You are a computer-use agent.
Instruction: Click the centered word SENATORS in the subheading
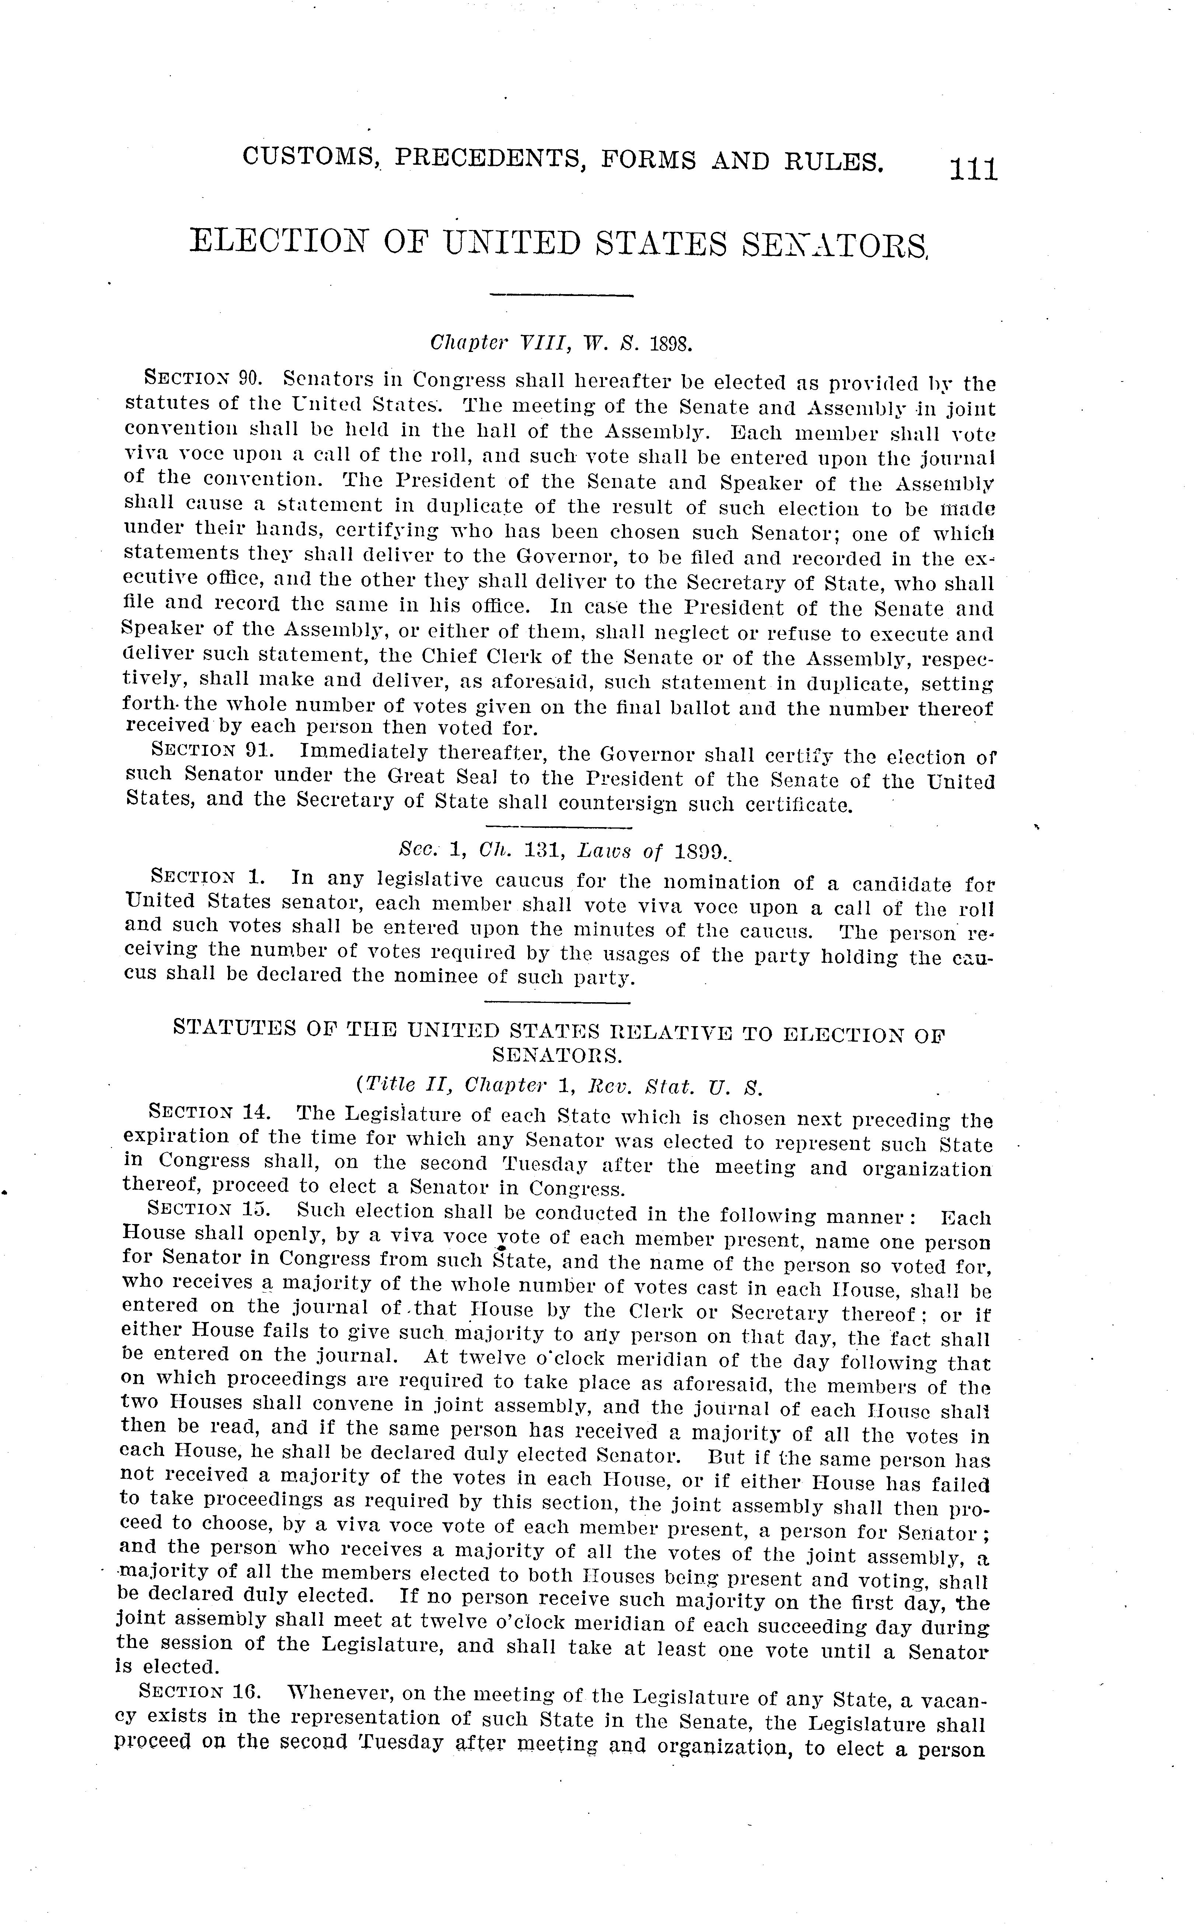pyautogui.click(x=554, y=1055)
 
